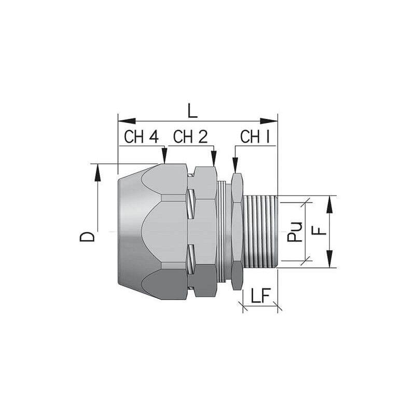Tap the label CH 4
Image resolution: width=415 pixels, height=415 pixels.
pos(141,136)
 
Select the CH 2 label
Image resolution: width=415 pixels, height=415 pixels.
pos(190,136)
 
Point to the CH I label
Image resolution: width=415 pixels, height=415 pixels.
pos(255,136)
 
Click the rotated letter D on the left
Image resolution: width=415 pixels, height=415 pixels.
pos(87,237)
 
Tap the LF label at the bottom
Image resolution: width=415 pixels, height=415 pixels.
pos(260,295)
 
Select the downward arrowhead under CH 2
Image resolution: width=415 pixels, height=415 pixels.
pos(214,158)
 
